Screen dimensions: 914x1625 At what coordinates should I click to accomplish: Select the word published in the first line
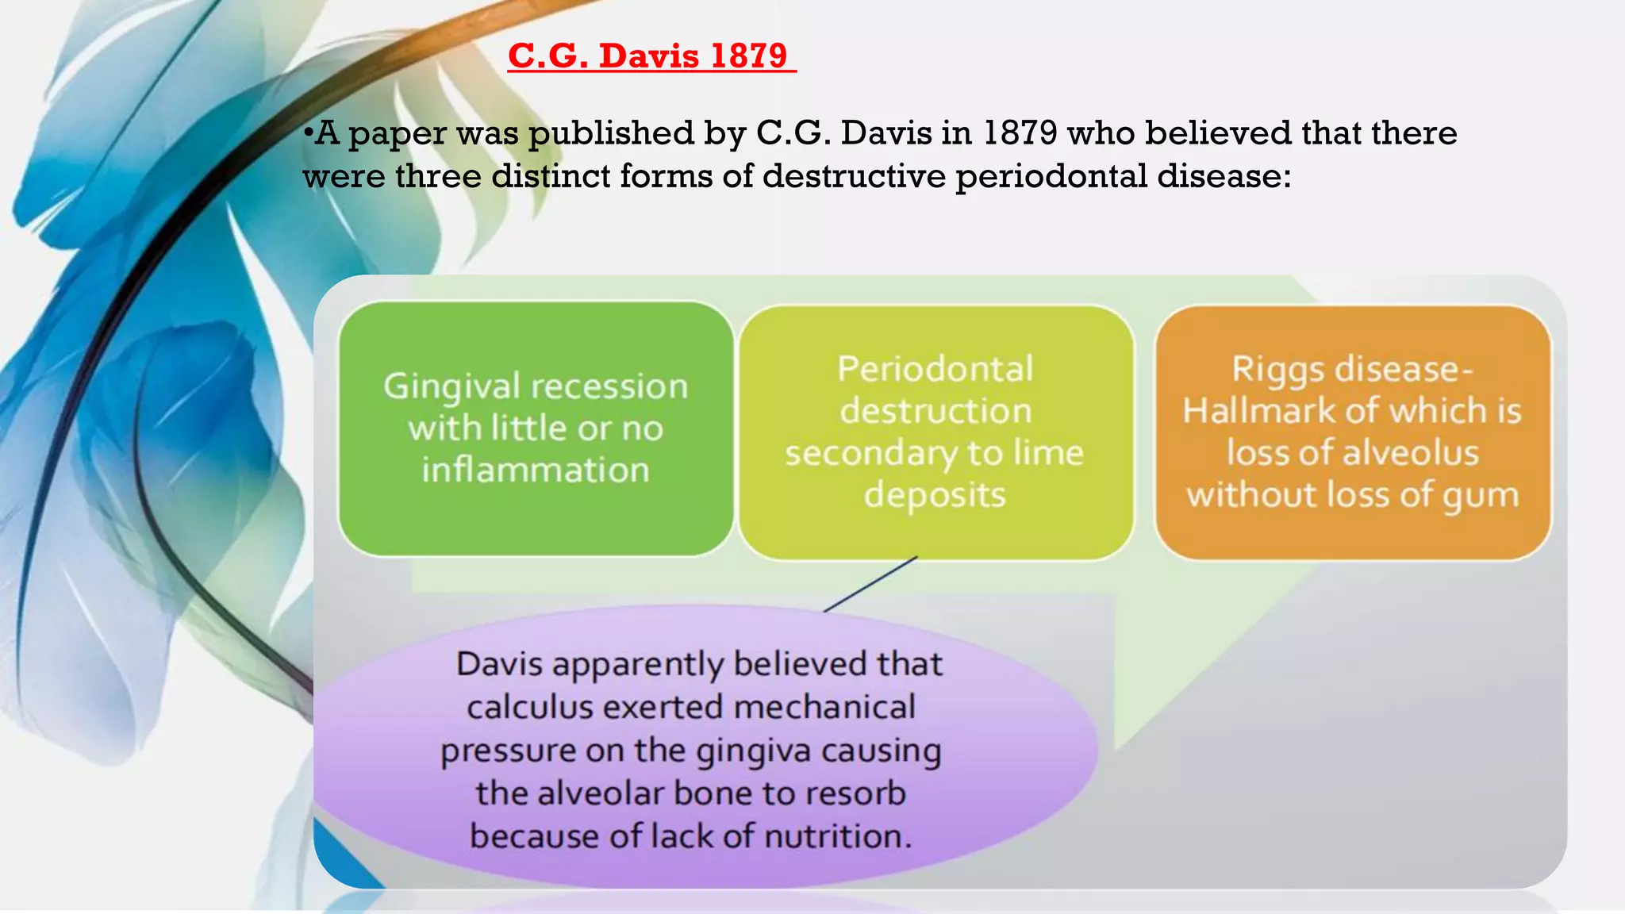pyautogui.click(x=611, y=133)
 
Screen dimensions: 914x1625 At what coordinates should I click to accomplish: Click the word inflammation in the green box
pyautogui.click(x=536, y=470)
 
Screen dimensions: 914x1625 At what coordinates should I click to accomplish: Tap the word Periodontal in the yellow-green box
pyautogui.click(x=935, y=369)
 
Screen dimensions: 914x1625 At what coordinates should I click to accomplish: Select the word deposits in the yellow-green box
pyautogui.click(x=935, y=495)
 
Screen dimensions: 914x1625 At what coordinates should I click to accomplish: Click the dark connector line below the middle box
pyautogui.click(x=871, y=583)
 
